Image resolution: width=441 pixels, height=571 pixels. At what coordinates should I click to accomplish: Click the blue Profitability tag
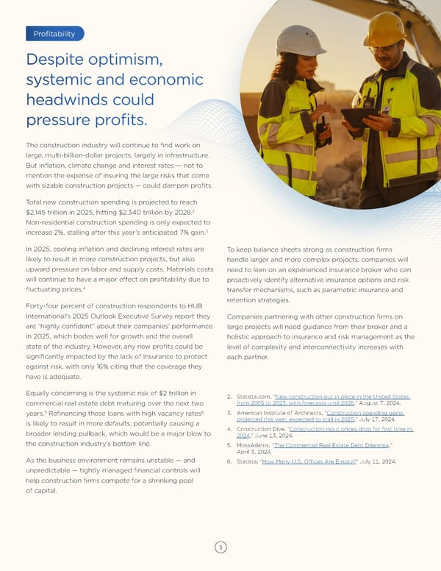point(54,33)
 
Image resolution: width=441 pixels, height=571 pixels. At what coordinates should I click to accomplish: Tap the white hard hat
point(301,40)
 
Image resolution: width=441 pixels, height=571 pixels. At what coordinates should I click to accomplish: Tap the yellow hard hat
point(384,29)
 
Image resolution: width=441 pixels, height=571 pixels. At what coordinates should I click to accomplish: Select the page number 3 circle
point(220,547)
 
